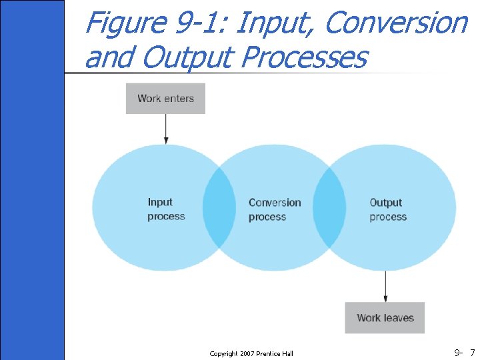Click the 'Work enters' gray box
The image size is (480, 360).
pyautogui.click(x=165, y=98)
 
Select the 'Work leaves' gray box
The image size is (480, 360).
pyautogui.click(x=385, y=317)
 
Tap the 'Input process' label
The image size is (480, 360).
pyautogui.click(x=166, y=209)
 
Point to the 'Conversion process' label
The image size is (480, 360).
pyautogui.click(x=274, y=209)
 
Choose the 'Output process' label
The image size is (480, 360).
pyautogui.click(x=387, y=209)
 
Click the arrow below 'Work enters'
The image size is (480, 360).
pyautogui.click(x=165, y=129)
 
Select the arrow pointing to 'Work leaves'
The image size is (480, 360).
pyautogui.click(x=385, y=287)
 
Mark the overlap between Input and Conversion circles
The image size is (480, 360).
pyautogui.click(x=219, y=207)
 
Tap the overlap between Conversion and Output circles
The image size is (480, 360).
pyautogui.click(x=329, y=207)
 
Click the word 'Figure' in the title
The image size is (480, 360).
pyautogui.click(x=126, y=23)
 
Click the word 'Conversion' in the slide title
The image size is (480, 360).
pyautogui.click(x=397, y=23)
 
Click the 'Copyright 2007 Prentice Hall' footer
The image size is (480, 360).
pyautogui.click(x=251, y=353)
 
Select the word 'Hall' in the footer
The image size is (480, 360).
pyautogui.click(x=286, y=353)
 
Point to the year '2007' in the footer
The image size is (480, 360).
pyautogui.click(x=246, y=353)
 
